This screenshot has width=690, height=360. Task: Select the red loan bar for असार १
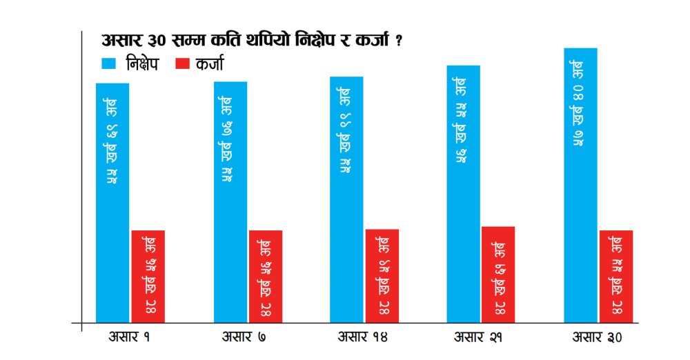pyautogui.click(x=148, y=276)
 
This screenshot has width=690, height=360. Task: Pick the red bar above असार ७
pyautogui.click(x=266, y=276)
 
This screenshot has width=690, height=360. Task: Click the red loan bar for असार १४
pyautogui.click(x=382, y=275)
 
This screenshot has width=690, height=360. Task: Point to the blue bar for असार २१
pyautogui.click(x=463, y=193)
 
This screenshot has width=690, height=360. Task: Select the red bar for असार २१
pyautogui.click(x=498, y=274)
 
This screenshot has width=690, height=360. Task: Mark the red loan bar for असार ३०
pyautogui.click(x=616, y=276)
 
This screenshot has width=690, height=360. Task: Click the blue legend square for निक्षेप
pyautogui.click(x=109, y=64)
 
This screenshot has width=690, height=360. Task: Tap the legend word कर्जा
pyautogui.click(x=209, y=64)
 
